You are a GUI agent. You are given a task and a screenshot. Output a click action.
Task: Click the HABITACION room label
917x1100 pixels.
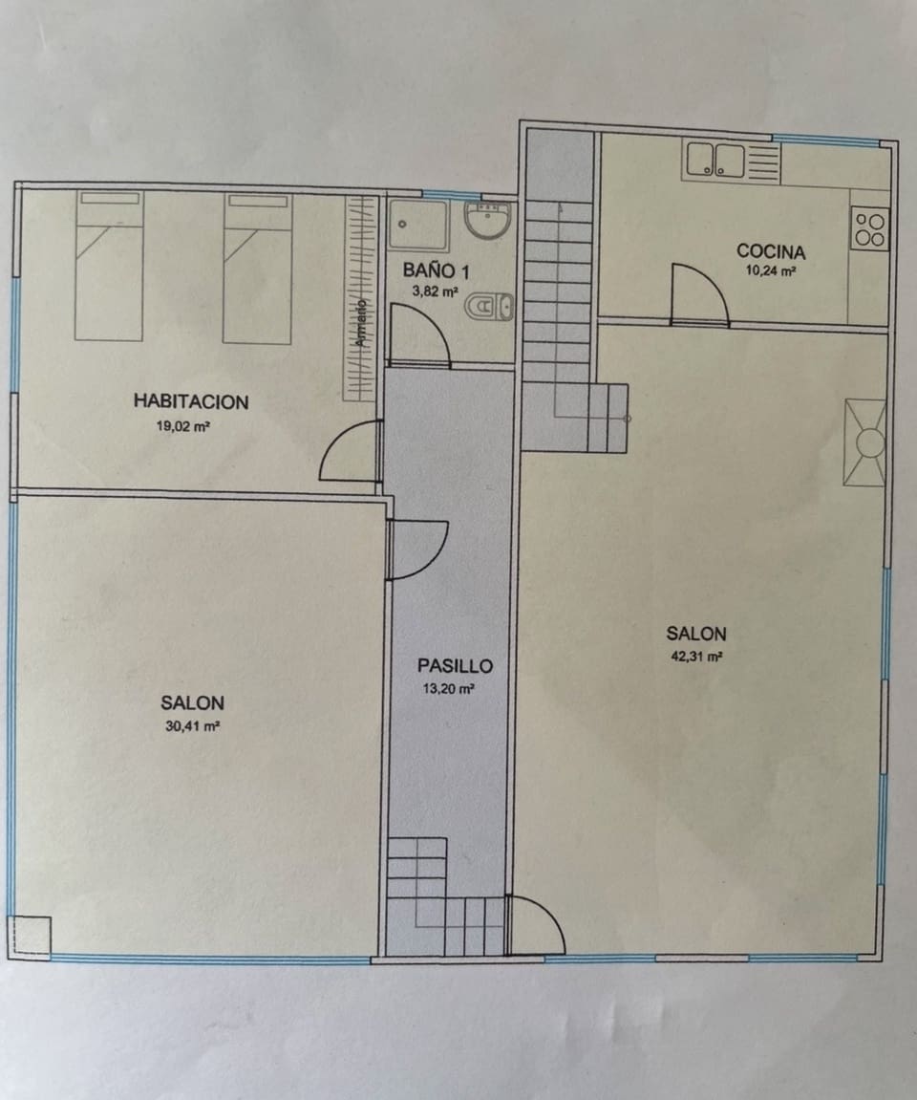point(191,401)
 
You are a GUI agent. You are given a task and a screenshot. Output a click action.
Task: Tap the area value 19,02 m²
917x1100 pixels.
point(182,427)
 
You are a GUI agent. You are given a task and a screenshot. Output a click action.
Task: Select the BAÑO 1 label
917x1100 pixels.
point(436,270)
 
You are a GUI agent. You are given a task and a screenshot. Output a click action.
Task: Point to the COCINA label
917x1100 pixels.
point(771,251)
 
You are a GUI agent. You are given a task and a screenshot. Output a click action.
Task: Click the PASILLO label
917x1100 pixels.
point(455,666)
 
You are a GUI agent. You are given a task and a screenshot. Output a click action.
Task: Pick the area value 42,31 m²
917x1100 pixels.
point(696,657)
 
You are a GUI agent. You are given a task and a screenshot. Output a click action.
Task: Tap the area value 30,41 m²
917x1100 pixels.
point(192,726)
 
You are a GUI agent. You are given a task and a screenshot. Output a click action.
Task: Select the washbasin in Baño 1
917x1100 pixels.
point(489,221)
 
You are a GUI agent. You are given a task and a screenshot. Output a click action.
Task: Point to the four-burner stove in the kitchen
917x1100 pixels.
point(869,229)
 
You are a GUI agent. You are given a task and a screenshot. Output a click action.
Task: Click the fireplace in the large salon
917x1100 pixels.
point(866,442)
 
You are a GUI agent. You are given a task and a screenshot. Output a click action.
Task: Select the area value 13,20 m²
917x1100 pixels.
point(449,688)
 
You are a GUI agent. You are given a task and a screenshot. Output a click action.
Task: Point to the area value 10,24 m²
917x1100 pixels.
point(770,270)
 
